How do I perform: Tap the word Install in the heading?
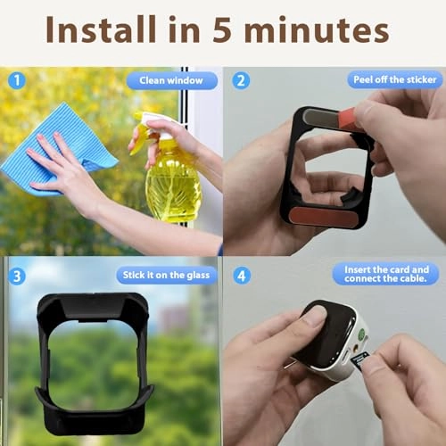point(108,32)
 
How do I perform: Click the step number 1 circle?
point(16,79)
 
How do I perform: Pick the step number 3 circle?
point(16,275)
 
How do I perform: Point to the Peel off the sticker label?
point(392,79)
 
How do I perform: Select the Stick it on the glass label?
point(166,275)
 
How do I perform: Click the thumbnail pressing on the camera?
point(313,315)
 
